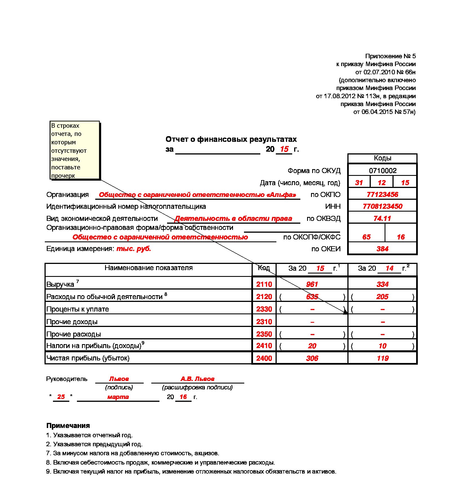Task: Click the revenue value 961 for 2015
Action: [x=312, y=284]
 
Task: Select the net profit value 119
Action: [x=383, y=358]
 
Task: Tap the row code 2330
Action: [x=264, y=309]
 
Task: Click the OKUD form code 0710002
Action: [x=383, y=171]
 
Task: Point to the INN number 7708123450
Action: [x=382, y=206]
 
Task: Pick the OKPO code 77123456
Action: [x=382, y=194]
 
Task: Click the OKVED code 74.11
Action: [x=382, y=218]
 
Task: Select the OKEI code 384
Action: [x=382, y=249]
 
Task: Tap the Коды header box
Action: [x=382, y=158]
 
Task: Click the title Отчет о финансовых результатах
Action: [x=231, y=139]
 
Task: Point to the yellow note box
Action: [x=75, y=150]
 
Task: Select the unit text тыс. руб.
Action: [x=134, y=249]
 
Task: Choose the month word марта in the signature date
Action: [x=118, y=397]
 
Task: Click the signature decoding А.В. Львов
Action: [x=198, y=379]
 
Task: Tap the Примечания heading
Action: [x=68, y=425]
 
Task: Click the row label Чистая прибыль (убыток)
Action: [x=88, y=358]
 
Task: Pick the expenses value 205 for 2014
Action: [x=382, y=297]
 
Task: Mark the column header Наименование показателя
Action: [x=148, y=268]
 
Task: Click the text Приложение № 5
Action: [x=390, y=56]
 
